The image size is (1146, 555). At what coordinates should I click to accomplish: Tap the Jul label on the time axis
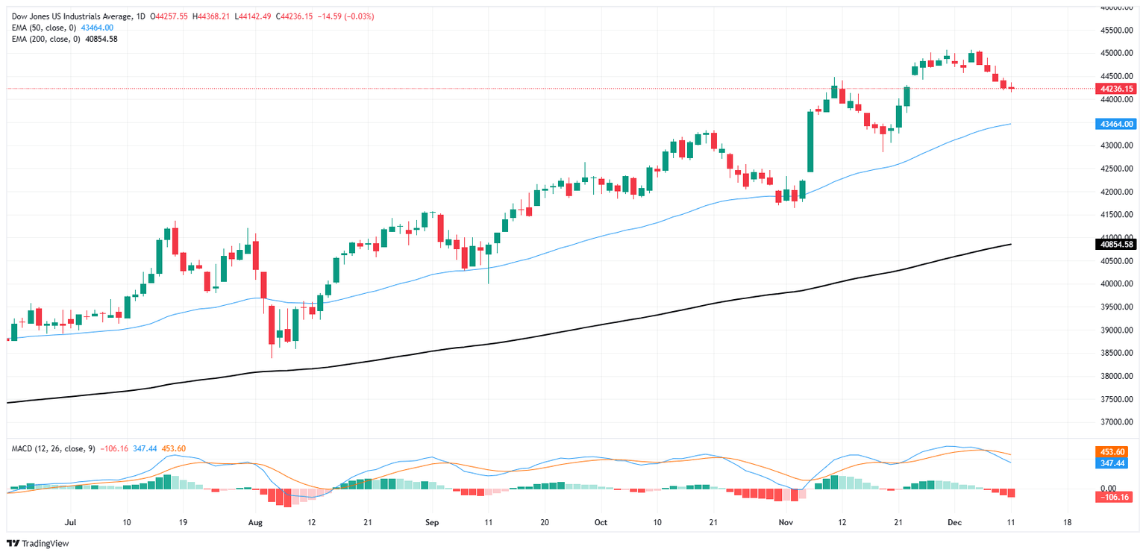tap(71, 522)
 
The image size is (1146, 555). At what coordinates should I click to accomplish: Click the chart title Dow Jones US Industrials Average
tap(70, 16)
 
